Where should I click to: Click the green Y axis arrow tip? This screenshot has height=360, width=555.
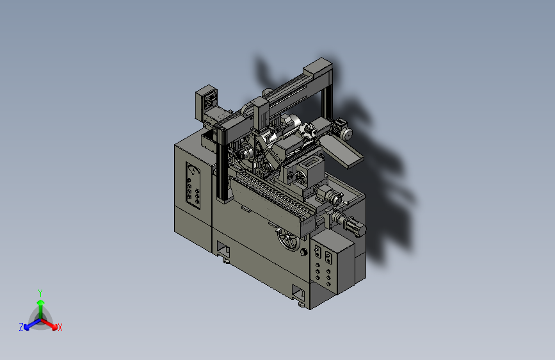[x=41, y=302]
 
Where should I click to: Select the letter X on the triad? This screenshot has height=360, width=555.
[x=60, y=328]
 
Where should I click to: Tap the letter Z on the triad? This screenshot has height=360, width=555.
[x=21, y=327]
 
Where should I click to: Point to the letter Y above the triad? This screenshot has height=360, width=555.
[x=40, y=293]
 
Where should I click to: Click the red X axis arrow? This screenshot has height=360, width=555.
[x=49, y=324]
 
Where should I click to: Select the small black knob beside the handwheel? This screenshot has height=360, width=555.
[x=303, y=252]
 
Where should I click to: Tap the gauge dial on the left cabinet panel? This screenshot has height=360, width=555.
[x=193, y=170]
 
